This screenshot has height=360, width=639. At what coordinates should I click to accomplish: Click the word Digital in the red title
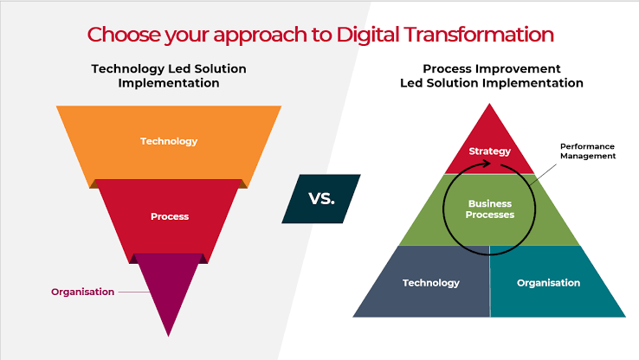(367, 35)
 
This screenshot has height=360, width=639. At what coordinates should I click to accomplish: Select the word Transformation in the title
(479, 35)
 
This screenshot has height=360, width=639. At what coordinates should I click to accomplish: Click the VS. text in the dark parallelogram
(321, 199)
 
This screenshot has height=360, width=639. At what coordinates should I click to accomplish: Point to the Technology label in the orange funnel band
(169, 141)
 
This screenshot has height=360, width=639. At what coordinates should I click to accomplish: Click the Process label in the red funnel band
(170, 216)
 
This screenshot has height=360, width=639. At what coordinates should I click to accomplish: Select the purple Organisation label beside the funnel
(83, 292)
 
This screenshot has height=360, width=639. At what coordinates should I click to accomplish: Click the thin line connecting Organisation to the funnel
(134, 292)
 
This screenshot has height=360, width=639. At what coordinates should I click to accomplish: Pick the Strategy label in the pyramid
(489, 151)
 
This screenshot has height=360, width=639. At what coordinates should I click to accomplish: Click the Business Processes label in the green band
(490, 209)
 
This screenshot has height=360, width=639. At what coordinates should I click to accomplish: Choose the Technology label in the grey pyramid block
(430, 283)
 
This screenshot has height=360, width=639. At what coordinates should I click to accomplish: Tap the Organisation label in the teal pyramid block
(548, 283)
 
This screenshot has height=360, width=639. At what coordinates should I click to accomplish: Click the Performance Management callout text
(588, 151)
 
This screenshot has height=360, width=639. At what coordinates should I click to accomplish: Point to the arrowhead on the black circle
(487, 164)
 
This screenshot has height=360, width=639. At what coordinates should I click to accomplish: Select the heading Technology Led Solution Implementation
(169, 76)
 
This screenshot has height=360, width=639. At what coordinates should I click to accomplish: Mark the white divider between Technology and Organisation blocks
(489, 281)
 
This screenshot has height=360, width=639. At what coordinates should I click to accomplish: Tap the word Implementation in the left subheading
(169, 83)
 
